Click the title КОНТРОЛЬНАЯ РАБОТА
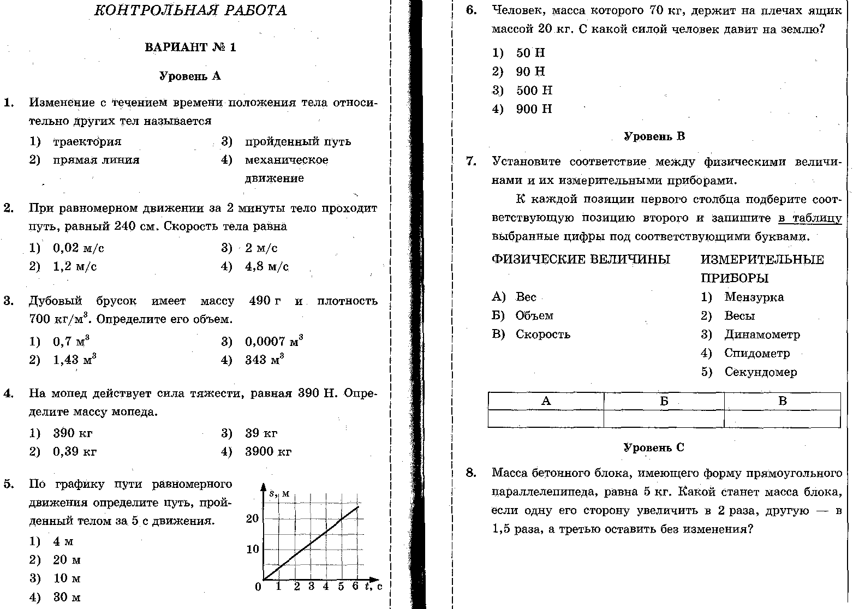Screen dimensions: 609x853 190,11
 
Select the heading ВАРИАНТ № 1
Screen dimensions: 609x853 190,47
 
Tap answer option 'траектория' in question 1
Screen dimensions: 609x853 87,142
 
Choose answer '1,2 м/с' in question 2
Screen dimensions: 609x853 75,267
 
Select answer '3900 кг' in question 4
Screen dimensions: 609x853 268,452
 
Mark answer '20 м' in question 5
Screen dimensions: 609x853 67,560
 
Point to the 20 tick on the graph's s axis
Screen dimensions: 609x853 252,518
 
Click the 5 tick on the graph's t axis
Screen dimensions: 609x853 341,587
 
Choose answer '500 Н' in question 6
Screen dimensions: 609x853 534,91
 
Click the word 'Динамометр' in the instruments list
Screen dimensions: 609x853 762,335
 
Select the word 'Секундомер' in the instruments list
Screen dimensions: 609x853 760,372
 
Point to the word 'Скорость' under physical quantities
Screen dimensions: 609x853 542,335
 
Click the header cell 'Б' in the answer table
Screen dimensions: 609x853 664,401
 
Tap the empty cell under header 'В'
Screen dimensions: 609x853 782,419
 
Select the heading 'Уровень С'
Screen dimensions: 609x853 653,448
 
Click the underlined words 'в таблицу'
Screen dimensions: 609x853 810,218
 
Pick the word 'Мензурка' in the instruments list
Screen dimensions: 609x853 754,297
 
